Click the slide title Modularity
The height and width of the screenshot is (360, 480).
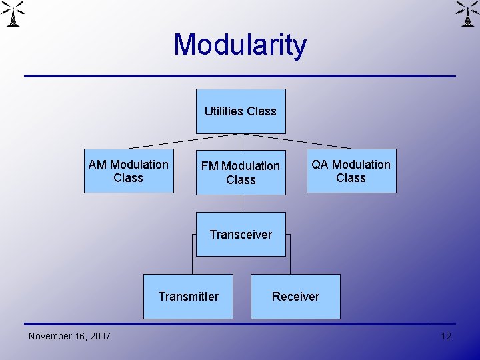point(240,45)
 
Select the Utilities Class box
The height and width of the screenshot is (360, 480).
point(241,111)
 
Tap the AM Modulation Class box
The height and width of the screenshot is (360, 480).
point(129,171)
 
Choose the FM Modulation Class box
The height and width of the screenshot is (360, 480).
point(241,173)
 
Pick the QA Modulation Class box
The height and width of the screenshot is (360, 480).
point(351,171)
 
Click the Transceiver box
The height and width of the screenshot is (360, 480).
point(241,234)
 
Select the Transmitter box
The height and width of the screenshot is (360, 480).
point(189,297)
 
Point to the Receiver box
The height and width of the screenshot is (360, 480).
point(295,297)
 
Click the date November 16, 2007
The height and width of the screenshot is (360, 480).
point(69,336)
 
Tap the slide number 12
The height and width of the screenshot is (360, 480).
point(446,336)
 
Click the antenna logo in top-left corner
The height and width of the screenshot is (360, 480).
point(14,13)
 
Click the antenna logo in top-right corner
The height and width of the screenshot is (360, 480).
point(466,13)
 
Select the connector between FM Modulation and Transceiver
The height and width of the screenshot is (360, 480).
point(241,203)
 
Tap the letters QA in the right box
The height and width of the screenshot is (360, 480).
point(320,165)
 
